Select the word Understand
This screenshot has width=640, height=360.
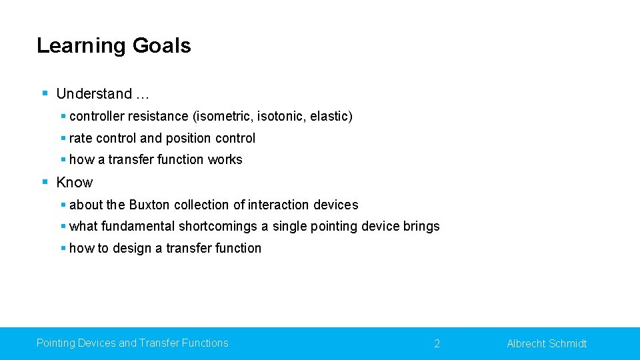pyautogui.click(x=94, y=94)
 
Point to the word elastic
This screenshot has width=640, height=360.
pyautogui.click(x=329, y=116)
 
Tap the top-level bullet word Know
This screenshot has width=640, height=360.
pyautogui.click(x=75, y=183)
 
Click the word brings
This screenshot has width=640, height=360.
pyautogui.click(x=421, y=226)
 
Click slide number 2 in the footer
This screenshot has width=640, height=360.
pyautogui.click(x=437, y=343)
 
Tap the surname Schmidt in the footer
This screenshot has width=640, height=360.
pyautogui.click(x=567, y=343)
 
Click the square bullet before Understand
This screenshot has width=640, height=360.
pyautogui.click(x=45, y=93)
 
